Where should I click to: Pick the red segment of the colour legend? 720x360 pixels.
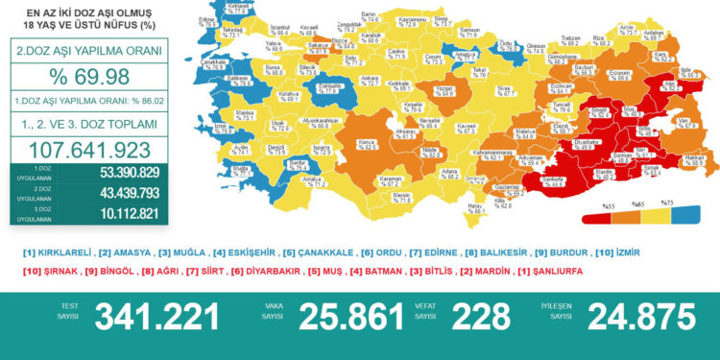tap(608, 216)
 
